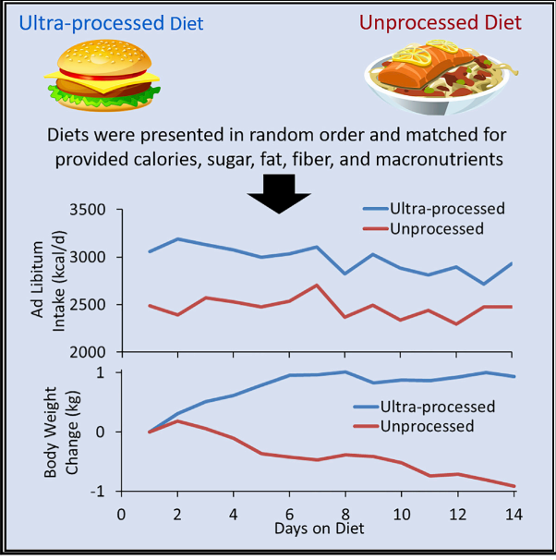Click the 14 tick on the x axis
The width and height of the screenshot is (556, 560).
[515, 513]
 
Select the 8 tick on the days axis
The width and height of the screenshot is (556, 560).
[345, 513]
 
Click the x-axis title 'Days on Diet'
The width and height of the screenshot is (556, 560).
[319, 529]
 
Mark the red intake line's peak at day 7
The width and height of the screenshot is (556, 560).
[317, 285]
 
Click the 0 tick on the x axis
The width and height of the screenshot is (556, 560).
[120, 513]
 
